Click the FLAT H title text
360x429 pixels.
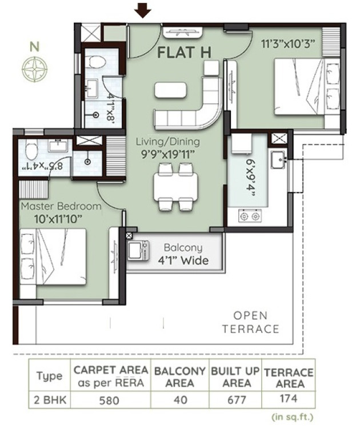point(185,52)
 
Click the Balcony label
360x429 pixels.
point(183,248)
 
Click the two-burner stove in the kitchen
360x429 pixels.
point(250,216)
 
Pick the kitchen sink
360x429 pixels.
point(278,160)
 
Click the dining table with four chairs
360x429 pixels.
point(175,186)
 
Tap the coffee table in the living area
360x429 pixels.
point(170,90)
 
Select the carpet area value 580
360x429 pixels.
point(109,400)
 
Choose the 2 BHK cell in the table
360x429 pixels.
point(49,400)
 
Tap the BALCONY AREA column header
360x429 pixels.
point(179,376)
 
